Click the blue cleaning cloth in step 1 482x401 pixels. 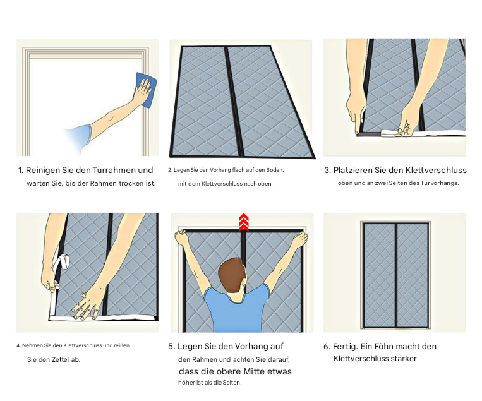point(147,90)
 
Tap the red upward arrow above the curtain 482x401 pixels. point(243,222)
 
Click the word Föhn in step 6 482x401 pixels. point(377,347)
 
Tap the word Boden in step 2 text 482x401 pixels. point(275,170)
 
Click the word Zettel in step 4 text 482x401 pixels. point(60,359)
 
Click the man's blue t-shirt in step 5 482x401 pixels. point(237,309)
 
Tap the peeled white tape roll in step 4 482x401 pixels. point(64,262)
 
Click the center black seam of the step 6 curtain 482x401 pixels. point(395,275)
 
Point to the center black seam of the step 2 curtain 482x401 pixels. point(234,101)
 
